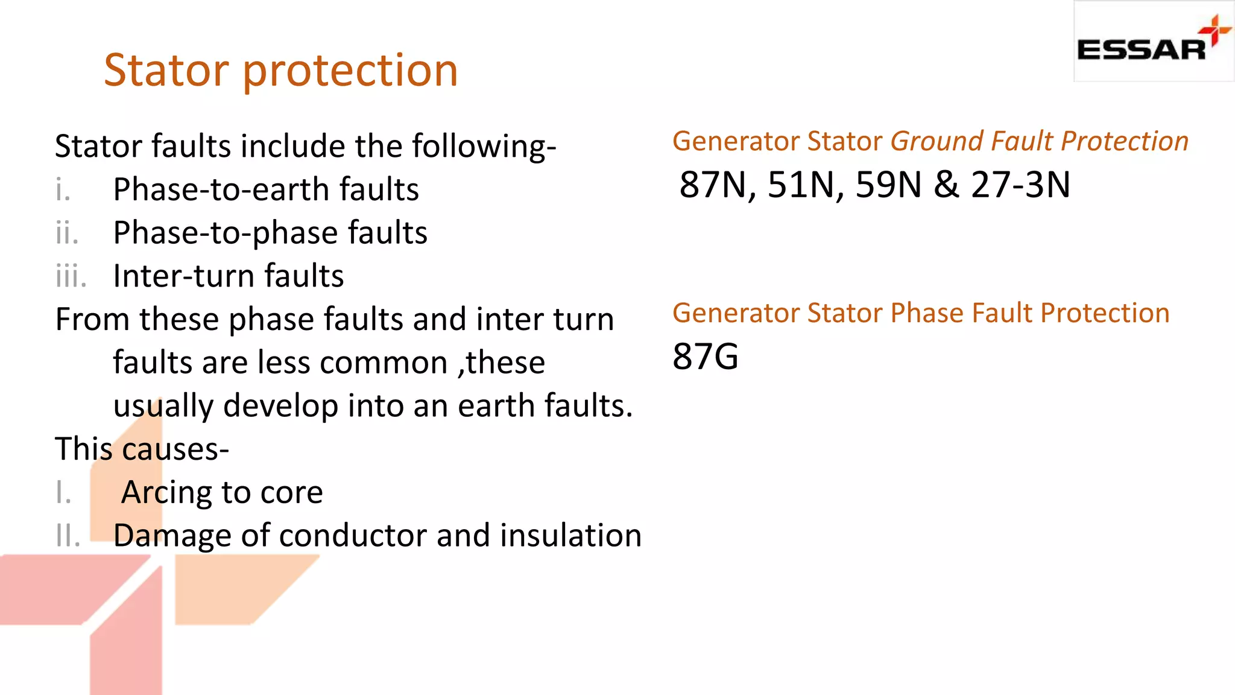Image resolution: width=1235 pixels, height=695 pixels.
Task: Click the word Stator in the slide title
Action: coord(166,70)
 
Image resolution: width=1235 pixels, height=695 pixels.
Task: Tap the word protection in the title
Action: coord(350,71)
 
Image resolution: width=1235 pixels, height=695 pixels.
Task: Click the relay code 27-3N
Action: coord(1020,185)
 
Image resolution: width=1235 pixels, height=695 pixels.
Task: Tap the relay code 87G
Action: coord(706,356)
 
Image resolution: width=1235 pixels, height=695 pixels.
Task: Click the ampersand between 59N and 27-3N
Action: coord(946,185)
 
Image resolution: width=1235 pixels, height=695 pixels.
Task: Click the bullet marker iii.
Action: coord(71,276)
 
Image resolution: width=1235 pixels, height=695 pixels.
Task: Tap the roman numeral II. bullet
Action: coord(68,536)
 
